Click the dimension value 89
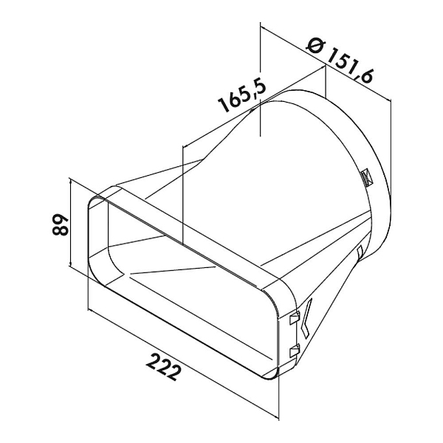point(60,224)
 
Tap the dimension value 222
point(164,367)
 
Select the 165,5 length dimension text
point(242,95)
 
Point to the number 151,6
point(350,66)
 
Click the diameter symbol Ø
point(316,46)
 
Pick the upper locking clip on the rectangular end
point(295,317)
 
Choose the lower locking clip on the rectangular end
point(295,351)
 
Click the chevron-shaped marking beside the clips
point(306,317)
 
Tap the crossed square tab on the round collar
point(367,177)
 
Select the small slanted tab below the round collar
point(360,253)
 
